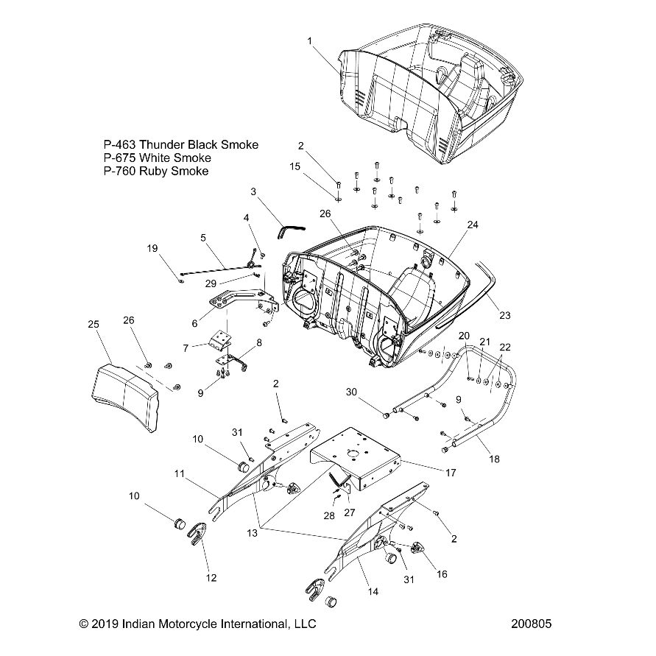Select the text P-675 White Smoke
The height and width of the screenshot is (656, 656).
[x=157, y=158]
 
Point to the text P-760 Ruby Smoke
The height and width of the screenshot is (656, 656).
[x=156, y=171]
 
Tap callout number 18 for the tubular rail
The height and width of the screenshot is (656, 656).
[x=494, y=459]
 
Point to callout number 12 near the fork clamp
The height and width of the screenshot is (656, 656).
[x=211, y=578]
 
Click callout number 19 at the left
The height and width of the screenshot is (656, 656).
[x=152, y=249]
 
